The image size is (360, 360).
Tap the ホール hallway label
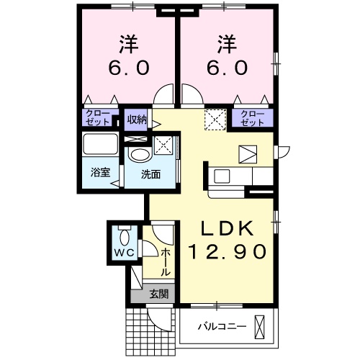coord(166,262)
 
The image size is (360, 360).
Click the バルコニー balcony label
coord(222,326)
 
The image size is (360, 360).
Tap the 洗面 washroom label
coord(150,174)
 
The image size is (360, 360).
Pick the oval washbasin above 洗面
coord(138,155)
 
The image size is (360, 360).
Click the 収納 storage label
coord(138,120)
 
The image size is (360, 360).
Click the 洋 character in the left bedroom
coord(130,43)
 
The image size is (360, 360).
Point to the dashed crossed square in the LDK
coord(214,119)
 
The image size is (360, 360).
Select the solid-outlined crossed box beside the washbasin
coord(163,146)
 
